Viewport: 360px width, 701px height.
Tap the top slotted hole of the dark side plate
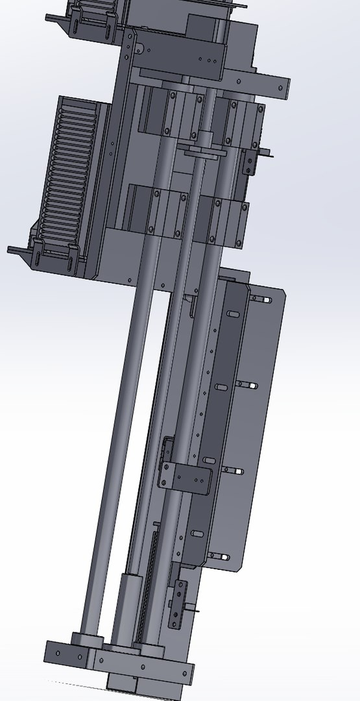click(x=232, y=314)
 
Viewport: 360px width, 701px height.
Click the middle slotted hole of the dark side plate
click(x=221, y=387)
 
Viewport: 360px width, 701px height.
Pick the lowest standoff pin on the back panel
click(x=217, y=556)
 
